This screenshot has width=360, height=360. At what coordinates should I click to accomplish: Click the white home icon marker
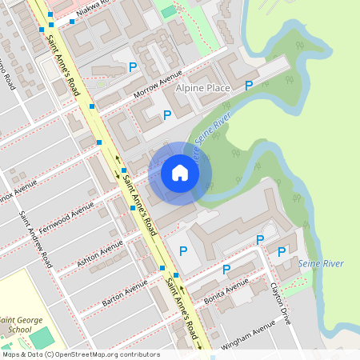coord(180,173)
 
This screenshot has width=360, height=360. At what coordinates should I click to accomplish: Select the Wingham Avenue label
coord(252,330)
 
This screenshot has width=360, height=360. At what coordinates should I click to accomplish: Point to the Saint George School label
coord(22,324)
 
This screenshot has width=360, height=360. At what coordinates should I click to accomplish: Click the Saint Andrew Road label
coord(37,240)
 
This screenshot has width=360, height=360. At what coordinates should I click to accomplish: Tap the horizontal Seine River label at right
coord(320,263)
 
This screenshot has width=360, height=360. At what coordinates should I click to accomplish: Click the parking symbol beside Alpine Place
coord(249,85)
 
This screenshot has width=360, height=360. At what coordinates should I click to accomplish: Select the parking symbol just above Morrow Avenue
coord(133,66)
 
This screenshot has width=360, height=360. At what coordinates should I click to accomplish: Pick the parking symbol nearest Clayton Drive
coord(281,252)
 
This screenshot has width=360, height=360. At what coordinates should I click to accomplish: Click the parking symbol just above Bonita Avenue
coord(226,270)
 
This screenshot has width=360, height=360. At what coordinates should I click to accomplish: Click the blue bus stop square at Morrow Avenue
coord(92,106)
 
